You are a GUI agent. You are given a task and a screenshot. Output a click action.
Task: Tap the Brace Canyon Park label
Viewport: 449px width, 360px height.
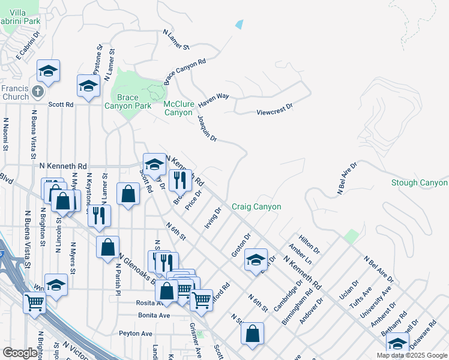127,101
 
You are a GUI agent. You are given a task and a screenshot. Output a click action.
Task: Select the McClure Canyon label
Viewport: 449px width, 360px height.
179,108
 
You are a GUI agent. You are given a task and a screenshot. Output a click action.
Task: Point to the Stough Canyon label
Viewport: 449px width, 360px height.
419,182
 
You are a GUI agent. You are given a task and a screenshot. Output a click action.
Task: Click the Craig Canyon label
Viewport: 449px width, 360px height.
256,206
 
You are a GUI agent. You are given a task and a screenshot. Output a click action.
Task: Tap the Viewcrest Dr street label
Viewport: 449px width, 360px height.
274,108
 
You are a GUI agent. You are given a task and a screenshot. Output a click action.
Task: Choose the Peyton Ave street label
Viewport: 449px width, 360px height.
136,332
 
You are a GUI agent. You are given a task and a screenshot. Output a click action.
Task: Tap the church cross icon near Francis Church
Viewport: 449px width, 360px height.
37,92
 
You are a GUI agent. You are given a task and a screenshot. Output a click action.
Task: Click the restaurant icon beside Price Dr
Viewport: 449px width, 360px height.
180,179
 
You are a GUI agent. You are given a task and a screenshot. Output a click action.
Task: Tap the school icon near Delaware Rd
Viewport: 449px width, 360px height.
397,343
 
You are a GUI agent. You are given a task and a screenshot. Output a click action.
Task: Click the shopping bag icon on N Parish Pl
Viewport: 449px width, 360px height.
107,246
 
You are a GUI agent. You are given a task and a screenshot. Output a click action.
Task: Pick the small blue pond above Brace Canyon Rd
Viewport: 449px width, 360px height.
240,25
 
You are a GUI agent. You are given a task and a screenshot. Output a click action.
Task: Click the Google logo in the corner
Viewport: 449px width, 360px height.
19,353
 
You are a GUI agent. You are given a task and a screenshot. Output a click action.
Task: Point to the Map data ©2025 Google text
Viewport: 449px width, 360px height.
411,355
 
